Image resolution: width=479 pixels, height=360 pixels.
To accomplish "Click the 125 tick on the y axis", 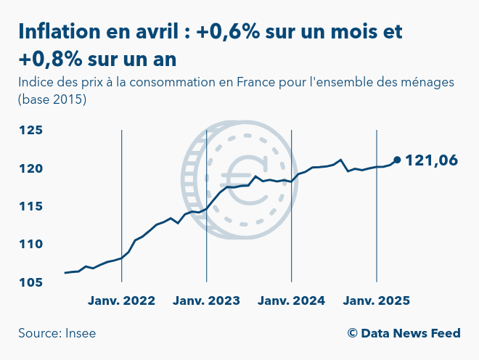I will click(x=32, y=131).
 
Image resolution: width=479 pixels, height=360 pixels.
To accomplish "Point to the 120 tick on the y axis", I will click(x=32, y=168).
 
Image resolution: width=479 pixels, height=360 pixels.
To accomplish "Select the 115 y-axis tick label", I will click(x=32, y=206).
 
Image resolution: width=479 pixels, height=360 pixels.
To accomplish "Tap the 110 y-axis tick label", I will click(x=32, y=244).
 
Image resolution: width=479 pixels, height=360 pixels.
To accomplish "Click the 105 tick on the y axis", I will click(x=32, y=282).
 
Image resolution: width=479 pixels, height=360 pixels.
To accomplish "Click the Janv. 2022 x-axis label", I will click(x=121, y=300).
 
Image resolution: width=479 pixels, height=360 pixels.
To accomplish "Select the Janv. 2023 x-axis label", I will click(x=207, y=300).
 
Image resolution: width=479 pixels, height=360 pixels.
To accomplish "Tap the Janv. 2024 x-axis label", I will click(x=291, y=300).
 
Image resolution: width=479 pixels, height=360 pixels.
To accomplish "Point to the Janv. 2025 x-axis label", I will click(x=377, y=300).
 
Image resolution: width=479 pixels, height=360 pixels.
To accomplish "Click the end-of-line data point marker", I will click(x=397, y=160).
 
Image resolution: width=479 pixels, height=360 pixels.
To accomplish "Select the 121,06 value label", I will click(x=431, y=160).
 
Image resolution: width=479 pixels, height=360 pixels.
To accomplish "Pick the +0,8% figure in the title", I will click(x=48, y=57).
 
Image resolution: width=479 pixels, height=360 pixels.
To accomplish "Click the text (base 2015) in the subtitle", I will click(x=52, y=99).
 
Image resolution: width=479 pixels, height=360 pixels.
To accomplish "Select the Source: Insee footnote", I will click(x=57, y=333).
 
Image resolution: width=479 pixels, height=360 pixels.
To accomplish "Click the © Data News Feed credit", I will click(x=404, y=333).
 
